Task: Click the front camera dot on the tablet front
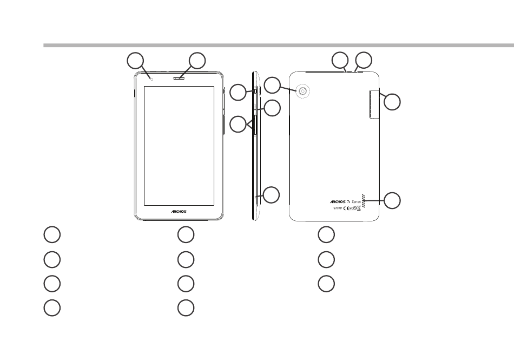point(153,78)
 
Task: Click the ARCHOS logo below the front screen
point(175,211)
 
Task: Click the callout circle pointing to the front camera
point(136,61)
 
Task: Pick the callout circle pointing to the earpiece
point(197,61)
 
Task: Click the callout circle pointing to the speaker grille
point(393,200)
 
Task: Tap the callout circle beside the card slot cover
point(393,101)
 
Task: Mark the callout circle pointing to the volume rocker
point(238,125)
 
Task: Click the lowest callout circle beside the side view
point(272,195)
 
